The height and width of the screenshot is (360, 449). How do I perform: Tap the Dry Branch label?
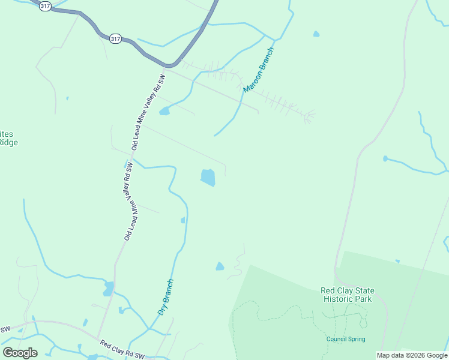[x=166, y=297]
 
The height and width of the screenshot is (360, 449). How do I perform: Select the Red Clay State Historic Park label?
[x=347, y=295]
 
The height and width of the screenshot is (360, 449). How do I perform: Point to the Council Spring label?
[x=346, y=339]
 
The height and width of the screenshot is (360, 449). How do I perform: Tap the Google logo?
[x=20, y=353]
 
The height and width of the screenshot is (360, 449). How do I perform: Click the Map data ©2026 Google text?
[x=412, y=356]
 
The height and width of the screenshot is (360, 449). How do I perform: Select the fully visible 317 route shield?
[x=116, y=39]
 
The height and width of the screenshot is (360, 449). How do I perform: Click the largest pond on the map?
[x=208, y=178]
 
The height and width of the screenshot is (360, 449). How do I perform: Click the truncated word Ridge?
[x=8, y=143]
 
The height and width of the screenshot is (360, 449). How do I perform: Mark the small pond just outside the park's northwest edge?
[x=220, y=266]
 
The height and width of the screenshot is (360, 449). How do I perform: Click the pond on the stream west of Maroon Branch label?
[x=164, y=111]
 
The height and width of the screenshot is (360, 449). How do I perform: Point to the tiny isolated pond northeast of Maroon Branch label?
[x=316, y=34]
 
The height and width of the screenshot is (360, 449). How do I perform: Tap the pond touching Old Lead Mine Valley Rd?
[x=109, y=289]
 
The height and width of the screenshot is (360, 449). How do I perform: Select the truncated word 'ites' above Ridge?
[x=8, y=134]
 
